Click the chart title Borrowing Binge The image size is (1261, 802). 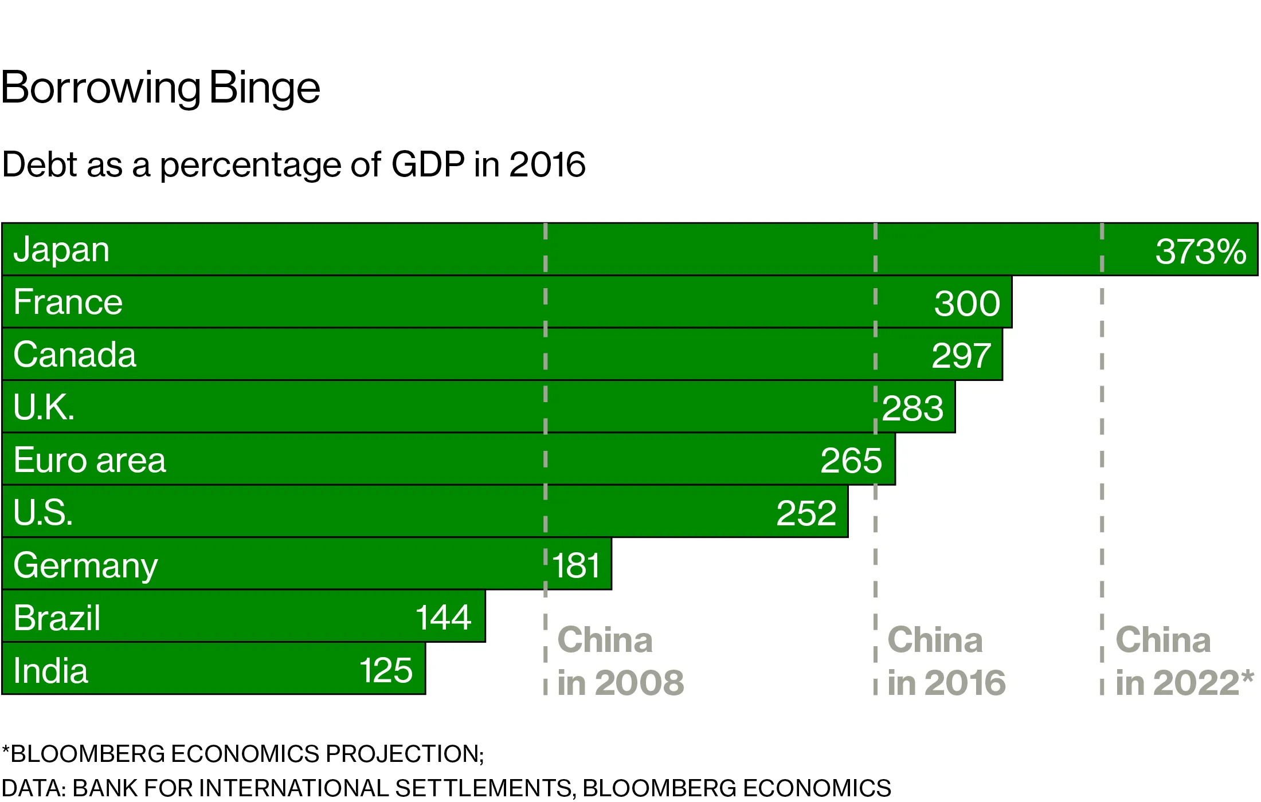(x=160, y=88)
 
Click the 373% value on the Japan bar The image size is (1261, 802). (x=1200, y=251)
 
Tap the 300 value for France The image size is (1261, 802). (x=967, y=303)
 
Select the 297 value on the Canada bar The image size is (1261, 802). (x=961, y=355)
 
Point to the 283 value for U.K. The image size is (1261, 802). (x=913, y=408)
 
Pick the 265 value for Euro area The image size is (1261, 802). (x=851, y=461)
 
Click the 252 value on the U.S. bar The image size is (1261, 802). (x=806, y=513)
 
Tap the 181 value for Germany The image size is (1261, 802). (x=577, y=565)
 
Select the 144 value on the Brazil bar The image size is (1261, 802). (x=443, y=618)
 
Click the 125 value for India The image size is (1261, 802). (x=386, y=670)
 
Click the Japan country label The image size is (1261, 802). (x=61, y=250)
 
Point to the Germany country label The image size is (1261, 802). (x=85, y=565)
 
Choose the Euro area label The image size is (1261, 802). (x=89, y=460)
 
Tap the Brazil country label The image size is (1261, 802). (x=57, y=618)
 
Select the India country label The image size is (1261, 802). (x=50, y=671)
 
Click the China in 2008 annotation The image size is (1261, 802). (x=620, y=661)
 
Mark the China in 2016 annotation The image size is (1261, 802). (x=946, y=661)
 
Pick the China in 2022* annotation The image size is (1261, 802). (x=1184, y=661)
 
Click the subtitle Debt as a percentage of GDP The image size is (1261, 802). (x=293, y=164)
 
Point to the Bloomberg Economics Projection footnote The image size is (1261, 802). (x=243, y=754)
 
